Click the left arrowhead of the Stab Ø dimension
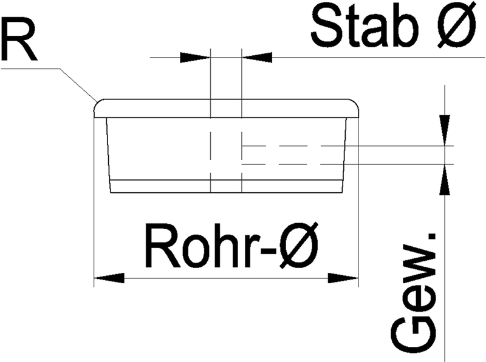[195, 57]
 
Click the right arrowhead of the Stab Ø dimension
[256, 57]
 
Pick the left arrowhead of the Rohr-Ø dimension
[109, 278]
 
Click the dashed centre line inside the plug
[210, 152]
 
